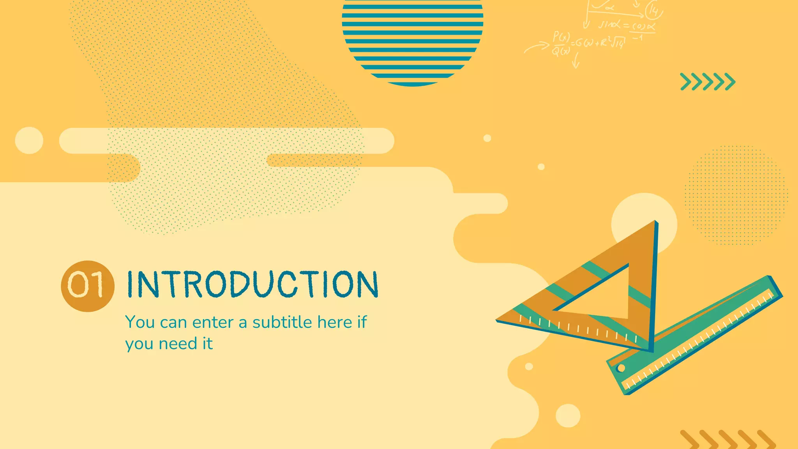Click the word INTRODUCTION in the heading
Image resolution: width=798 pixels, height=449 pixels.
point(252,285)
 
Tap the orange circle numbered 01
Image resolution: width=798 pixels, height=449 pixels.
point(88,286)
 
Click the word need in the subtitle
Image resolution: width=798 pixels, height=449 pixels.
point(178,344)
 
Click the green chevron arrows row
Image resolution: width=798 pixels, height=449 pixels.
point(708,82)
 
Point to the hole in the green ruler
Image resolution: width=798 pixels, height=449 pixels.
point(621,368)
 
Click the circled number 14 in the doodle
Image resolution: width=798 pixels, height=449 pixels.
point(653,11)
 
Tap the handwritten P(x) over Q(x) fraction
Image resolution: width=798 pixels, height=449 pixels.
point(561,44)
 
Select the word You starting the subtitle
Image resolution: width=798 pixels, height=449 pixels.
point(140,323)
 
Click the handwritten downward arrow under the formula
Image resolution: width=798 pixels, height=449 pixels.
point(576,60)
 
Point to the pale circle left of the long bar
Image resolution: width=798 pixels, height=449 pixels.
point(29,140)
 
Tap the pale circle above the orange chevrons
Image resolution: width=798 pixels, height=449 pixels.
point(568,415)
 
